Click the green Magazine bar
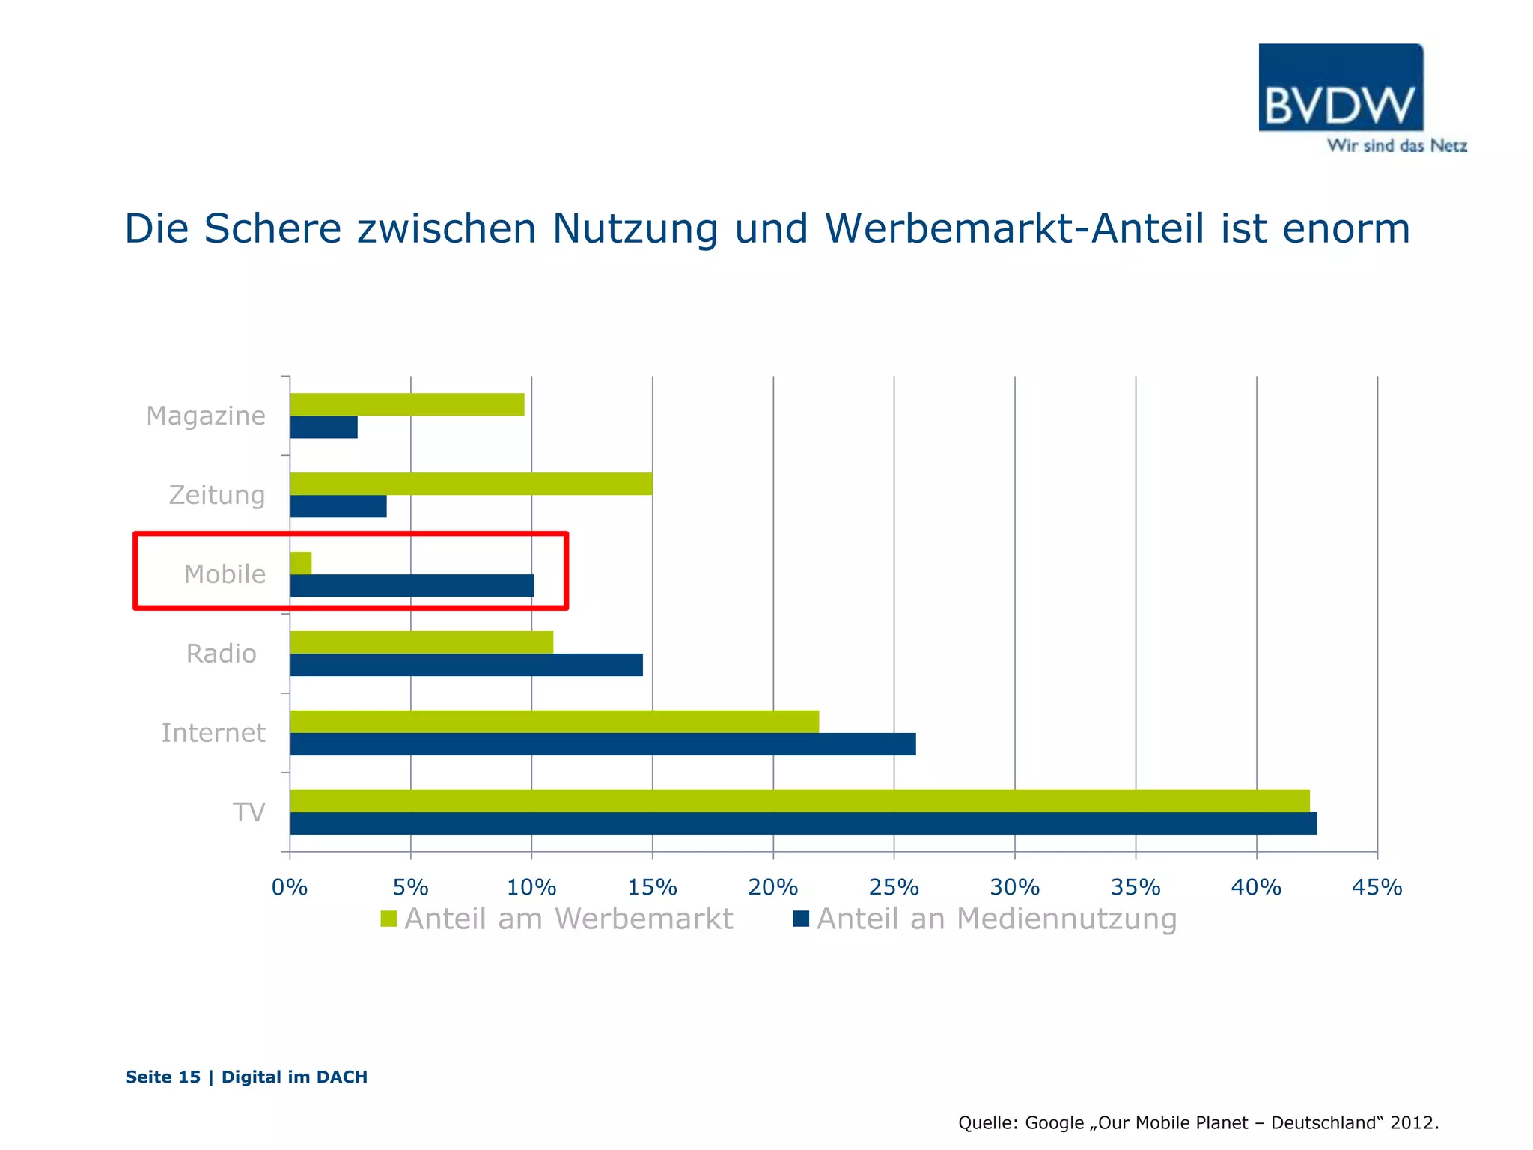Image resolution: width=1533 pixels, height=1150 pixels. point(406,404)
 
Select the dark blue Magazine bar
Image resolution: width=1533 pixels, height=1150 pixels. point(323,428)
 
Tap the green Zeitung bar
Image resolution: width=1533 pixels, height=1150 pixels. point(471,484)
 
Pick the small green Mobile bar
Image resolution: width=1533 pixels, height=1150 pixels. point(301,563)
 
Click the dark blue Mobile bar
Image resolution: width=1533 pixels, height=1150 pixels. point(412,585)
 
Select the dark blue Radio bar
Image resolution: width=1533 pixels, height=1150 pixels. point(466,665)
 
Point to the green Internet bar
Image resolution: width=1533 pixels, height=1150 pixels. point(554,722)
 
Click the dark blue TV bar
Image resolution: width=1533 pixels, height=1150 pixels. point(802,824)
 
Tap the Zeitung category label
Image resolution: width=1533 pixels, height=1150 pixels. point(217,495)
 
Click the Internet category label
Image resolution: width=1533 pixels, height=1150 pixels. point(213,733)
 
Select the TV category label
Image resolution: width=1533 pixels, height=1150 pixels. point(249,812)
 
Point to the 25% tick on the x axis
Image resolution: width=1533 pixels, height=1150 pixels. point(894,887)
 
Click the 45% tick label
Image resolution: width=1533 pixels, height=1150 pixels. point(1377,887)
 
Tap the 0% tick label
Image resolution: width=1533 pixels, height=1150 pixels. point(290,887)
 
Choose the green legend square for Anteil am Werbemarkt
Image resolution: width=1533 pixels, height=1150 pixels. point(388,919)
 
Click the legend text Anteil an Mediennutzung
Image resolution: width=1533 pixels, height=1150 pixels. point(996,919)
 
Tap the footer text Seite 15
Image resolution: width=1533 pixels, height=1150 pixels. point(163,1077)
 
